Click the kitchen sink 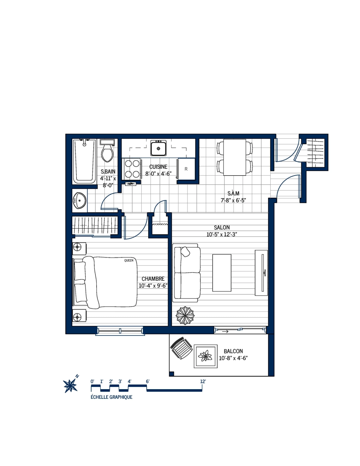[158, 148]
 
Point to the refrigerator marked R [186, 169]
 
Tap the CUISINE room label [158, 167]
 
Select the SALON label [222, 227]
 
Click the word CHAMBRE [153, 279]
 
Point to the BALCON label [233, 351]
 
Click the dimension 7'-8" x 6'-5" [233, 200]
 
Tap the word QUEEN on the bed [129, 260]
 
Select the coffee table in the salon [222, 273]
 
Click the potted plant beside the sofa [185, 315]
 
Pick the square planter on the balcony [205, 356]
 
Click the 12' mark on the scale [203, 382]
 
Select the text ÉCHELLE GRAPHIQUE [111, 397]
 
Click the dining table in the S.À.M [235, 157]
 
